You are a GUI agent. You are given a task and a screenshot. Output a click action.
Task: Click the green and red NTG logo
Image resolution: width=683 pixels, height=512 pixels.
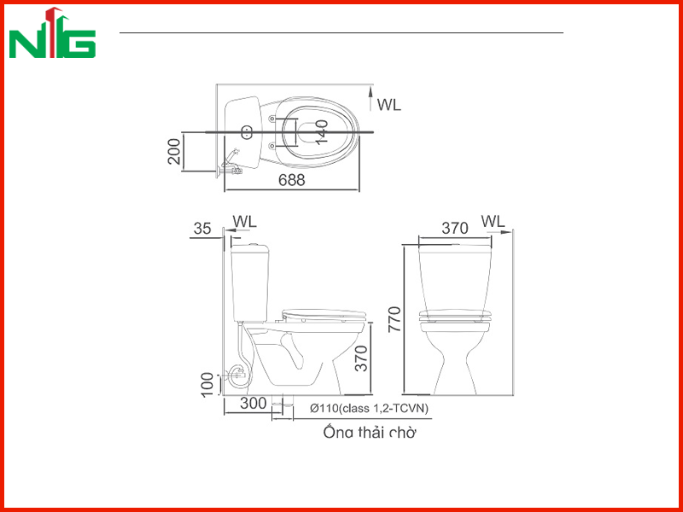pyautogui.click(x=52, y=32)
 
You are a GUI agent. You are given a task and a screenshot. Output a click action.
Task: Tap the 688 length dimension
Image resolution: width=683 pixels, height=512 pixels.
pyautogui.click(x=292, y=180)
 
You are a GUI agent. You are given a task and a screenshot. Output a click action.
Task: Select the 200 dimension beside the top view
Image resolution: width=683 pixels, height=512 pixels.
pyautogui.click(x=174, y=151)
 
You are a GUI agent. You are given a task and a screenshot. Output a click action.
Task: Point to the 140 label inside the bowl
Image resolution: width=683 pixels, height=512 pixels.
pyautogui.click(x=322, y=132)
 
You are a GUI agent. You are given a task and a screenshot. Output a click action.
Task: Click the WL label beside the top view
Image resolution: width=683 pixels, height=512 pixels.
pyautogui.click(x=389, y=105)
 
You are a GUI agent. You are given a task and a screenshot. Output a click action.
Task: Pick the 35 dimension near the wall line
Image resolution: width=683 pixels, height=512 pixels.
pyautogui.click(x=202, y=228)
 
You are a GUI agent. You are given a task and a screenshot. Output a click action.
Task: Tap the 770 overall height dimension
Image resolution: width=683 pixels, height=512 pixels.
pyautogui.click(x=394, y=319)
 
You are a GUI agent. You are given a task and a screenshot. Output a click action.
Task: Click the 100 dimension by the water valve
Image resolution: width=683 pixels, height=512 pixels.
pyautogui.click(x=207, y=385)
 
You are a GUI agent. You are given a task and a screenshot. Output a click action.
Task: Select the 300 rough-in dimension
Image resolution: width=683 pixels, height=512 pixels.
pyautogui.click(x=253, y=403)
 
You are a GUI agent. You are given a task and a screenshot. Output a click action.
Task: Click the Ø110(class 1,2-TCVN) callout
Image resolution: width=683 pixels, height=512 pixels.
pyautogui.click(x=369, y=409)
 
